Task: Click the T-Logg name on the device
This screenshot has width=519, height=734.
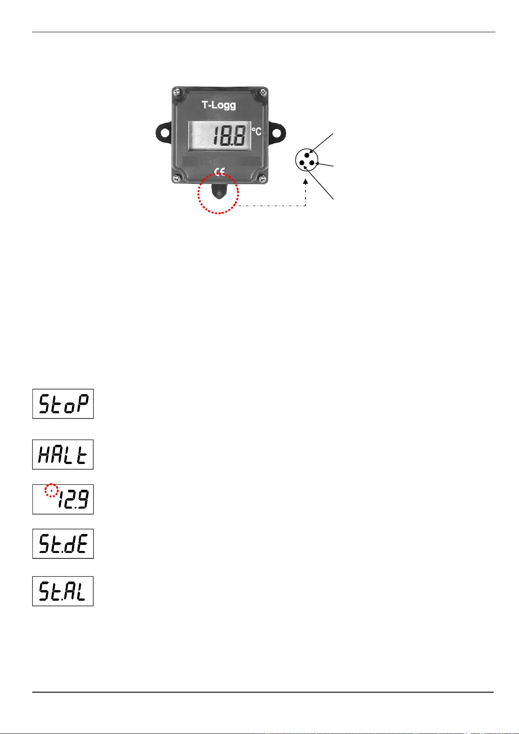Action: pyautogui.click(x=219, y=105)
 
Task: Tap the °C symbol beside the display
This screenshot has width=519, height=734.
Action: pyautogui.click(x=256, y=132)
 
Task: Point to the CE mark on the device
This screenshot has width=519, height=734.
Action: pyautogui.click(x=220, y=171)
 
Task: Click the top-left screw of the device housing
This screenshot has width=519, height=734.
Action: pyautogui.click(x=177, y=92)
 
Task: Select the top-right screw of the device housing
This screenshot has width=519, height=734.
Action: pyautogui.click(x=263, y=93)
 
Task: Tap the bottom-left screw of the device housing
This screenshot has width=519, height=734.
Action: pyautogui.click(x=177, y=178)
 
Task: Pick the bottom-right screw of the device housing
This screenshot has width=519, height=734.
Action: pyautogui.click(x=263, y=179)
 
